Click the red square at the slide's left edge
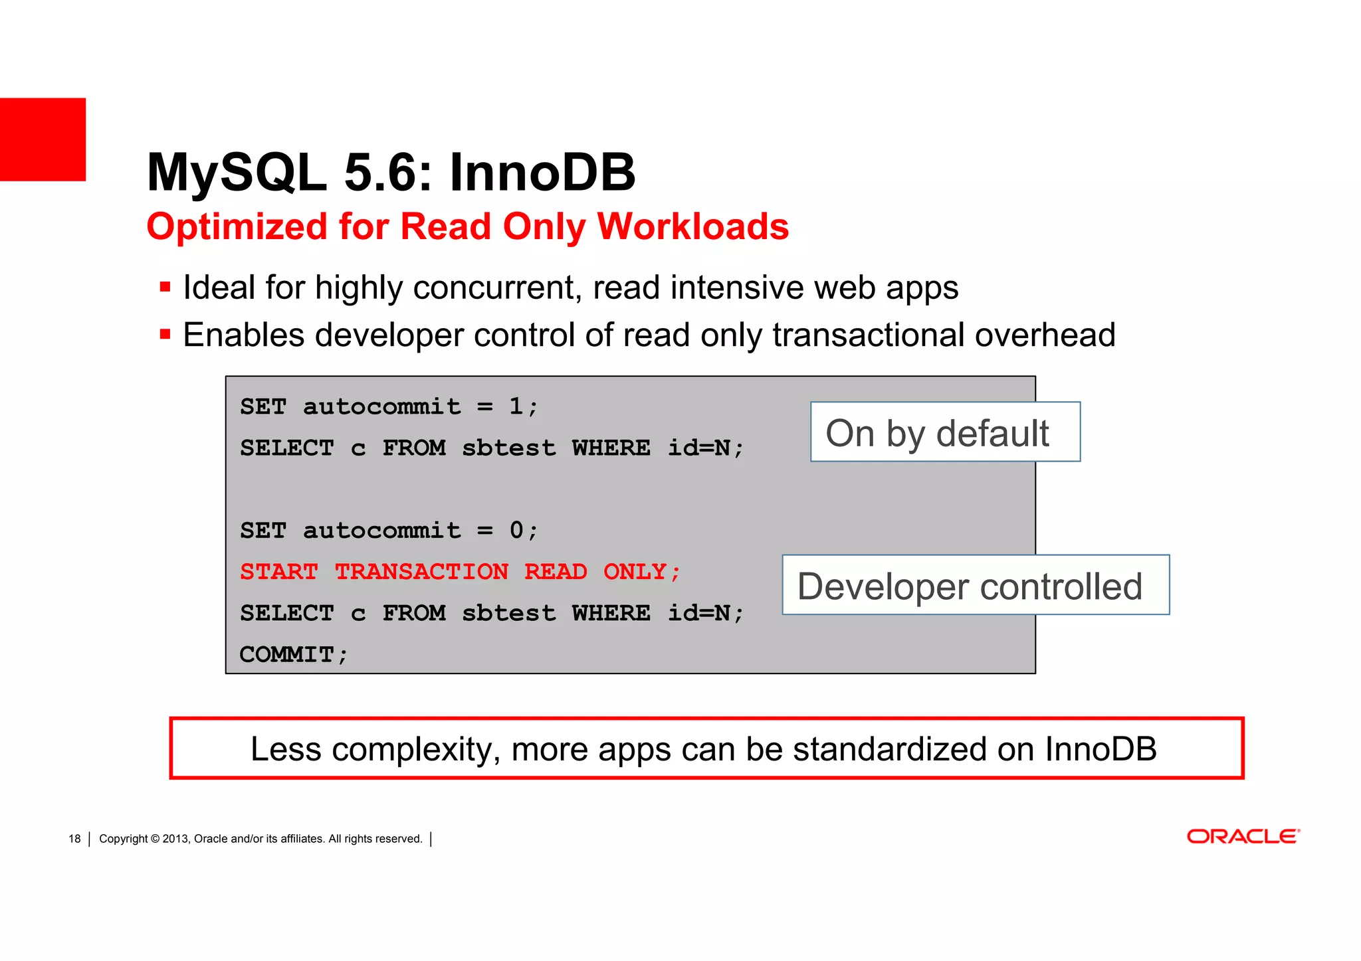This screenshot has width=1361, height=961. tap(43, 139)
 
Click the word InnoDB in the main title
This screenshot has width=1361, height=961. tap(542, 173)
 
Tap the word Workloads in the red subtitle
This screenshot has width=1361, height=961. tap(693, 226)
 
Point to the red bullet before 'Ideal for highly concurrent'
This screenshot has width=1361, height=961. tap(165, 288)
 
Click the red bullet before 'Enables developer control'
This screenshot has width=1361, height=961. tap(165, 334)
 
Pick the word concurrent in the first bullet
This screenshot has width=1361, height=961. tap(497, 288)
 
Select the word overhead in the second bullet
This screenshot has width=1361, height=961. tap(1045, 335)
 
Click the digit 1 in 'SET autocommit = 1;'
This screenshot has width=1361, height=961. tap(516, 406)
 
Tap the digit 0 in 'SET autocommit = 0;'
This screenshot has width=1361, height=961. tap(516, 530)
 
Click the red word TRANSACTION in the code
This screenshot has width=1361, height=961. tap(421, 572)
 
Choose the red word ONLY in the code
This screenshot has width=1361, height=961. tap(635, 572)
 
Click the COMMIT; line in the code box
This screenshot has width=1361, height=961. tap(294, 655)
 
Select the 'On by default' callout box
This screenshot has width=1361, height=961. tap(944, 432)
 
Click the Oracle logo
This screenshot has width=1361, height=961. tap(1243, 836)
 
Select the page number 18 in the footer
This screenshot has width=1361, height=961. tap(74, 839)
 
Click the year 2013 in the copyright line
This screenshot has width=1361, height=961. tap(175, 839)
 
